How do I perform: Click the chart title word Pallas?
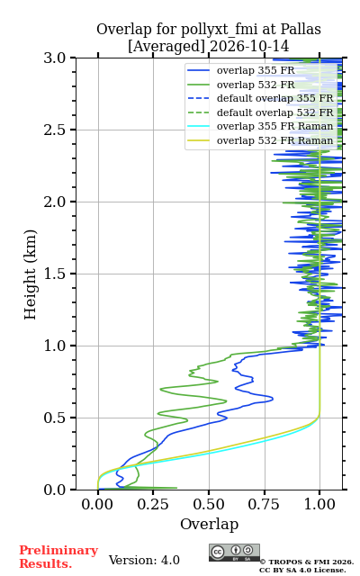[x=301, y=29]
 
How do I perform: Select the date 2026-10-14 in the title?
[x=249, y=46]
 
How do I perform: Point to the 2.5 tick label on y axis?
[x=55, y=130]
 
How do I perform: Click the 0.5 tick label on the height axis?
[x=55, y=418]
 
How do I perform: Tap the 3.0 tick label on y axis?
[x=55, y=58]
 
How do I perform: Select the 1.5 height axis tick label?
[x=55, y=274]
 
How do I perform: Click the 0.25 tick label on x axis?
[x=153, y=504]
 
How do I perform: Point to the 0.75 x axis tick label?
[x=264, y=504]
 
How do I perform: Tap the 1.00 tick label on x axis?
[x=319, y=504]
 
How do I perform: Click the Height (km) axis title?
[x=30, y=274]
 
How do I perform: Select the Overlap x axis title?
[x=209, y=524]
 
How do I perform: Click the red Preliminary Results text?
[x=58, y=557]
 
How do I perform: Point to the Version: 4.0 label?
[x=144, y=560]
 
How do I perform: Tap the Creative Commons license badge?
[x=234, y=553]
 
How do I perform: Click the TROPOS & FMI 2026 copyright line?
[x=306, y=562]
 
